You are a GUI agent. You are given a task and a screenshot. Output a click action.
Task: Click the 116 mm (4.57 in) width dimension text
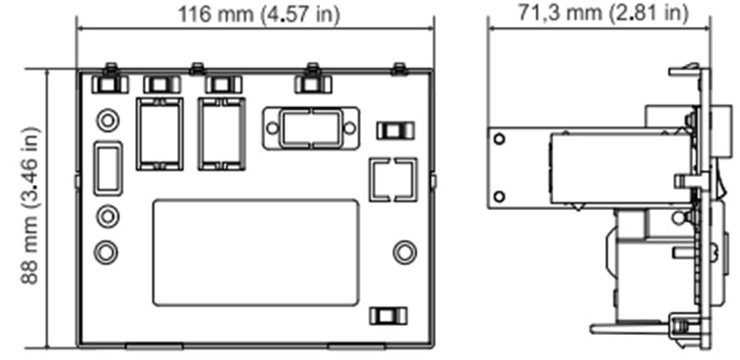(259, 14)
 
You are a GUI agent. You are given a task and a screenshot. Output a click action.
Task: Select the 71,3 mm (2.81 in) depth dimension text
(603, 13)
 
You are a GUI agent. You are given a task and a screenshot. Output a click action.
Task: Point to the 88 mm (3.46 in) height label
(30, 205)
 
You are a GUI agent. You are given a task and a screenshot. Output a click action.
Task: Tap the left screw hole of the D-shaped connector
(272, 128)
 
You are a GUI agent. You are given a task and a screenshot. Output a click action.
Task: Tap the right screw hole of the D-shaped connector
(350, 128)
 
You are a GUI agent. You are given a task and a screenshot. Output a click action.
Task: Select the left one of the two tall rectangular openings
(159, 133)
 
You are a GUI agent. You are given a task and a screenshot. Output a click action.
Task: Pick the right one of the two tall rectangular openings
(222, 133)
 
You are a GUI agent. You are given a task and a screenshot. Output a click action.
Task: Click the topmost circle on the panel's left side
(107, 120)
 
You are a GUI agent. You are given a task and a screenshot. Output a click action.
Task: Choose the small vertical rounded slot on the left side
(108, 168)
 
